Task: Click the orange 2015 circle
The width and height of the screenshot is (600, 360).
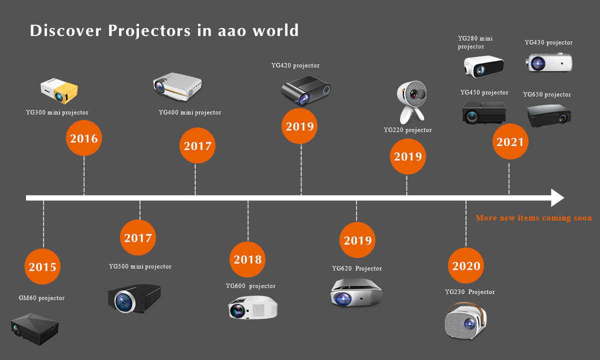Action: (42, 266)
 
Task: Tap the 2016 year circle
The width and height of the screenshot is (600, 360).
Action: (84, 138)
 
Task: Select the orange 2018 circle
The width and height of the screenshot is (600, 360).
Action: (247, 259)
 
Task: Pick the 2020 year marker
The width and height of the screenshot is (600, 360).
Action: (466, 265)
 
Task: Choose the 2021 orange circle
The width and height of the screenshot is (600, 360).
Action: (510, 141)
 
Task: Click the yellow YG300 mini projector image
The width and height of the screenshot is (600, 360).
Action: (59, 91)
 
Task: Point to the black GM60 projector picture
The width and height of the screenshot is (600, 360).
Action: (34, 329)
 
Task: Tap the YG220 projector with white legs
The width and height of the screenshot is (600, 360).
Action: (411, 102)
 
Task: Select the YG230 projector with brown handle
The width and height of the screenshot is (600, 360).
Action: (465, 321)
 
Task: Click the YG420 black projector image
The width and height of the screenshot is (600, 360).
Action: (306, 90)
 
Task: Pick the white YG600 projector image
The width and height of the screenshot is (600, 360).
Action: (253, 307)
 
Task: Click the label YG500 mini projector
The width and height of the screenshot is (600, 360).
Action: (140, 266)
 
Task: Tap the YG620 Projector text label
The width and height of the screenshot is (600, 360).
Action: (357, 268)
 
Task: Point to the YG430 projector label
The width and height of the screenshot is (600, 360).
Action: (548, 42)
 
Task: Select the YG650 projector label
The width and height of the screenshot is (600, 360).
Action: (547, 94)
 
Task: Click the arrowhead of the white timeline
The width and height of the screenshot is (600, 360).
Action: (557, 197)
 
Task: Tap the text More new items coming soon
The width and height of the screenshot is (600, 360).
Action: (533, 218)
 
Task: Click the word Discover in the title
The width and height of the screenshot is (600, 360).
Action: (65, 30)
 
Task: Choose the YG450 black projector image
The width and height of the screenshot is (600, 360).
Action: (484, 112)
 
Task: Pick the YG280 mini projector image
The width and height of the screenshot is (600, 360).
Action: (484, 66)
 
